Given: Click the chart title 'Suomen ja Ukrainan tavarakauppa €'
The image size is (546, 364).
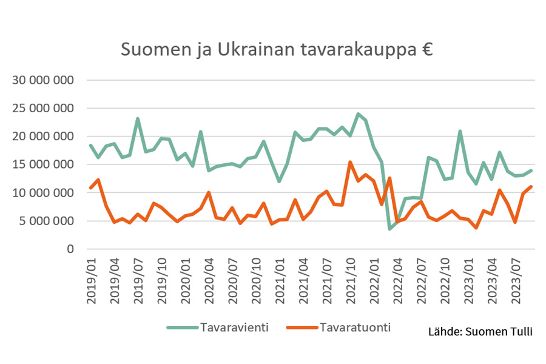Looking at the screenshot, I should coord(276,49).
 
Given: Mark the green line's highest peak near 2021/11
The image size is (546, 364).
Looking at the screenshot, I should coord(358,114).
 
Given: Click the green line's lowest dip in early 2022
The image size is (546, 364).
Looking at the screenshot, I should coord(389,229).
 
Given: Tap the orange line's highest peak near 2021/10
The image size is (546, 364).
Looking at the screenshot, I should coord(350,162).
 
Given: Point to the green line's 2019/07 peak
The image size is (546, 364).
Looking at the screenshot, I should coord(138,119).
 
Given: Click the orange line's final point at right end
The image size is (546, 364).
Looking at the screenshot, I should coord(531,186).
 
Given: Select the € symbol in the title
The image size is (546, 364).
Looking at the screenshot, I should coord(425,49).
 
